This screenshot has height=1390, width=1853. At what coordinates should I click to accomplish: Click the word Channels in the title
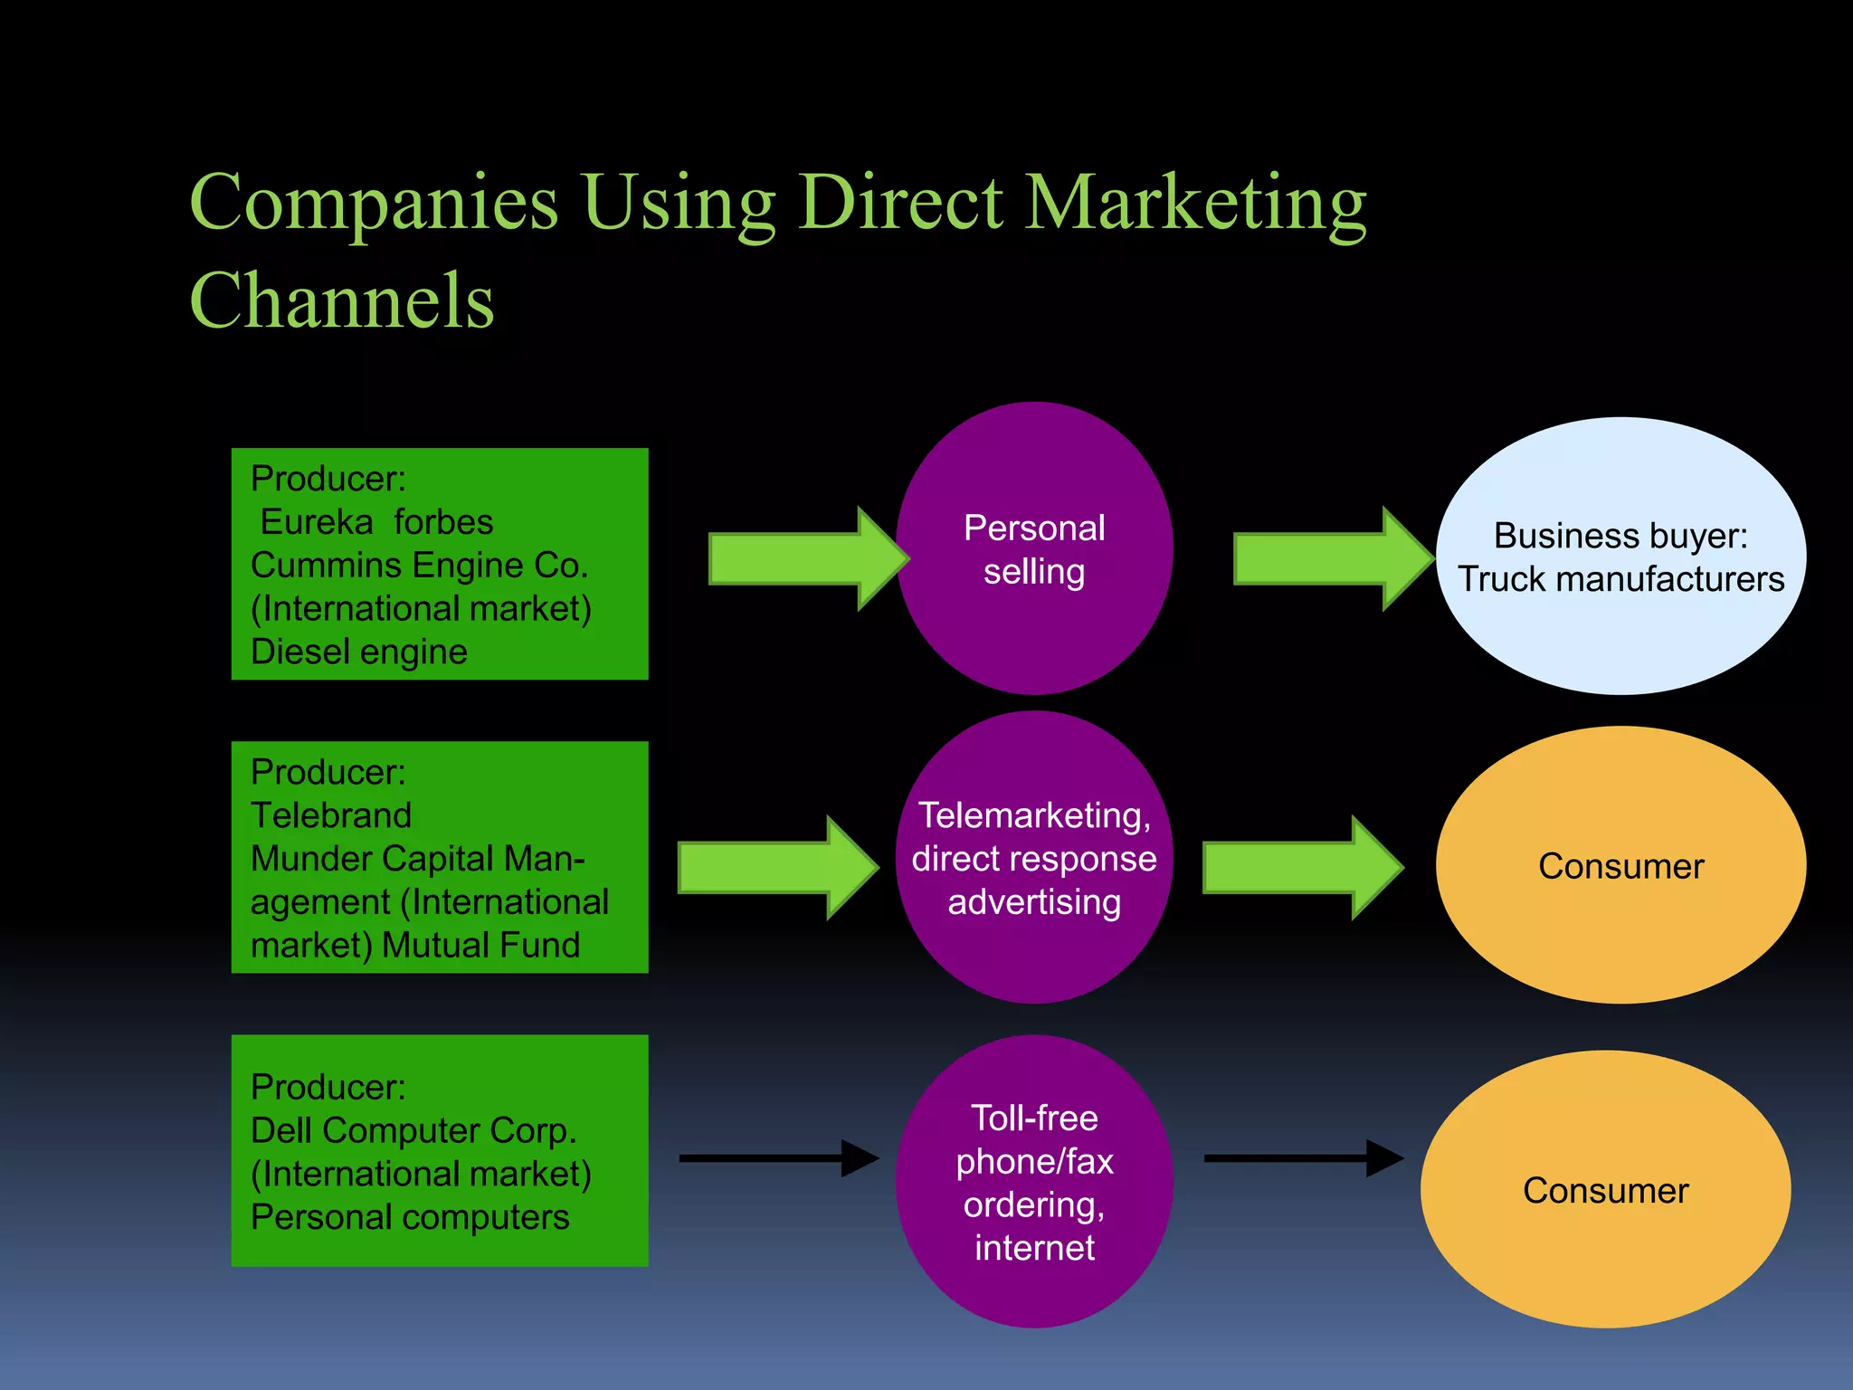[x=342, y=301]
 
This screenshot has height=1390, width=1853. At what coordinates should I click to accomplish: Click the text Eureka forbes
[x=376, y=522]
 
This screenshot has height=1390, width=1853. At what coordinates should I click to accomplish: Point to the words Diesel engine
[x=359, y=652]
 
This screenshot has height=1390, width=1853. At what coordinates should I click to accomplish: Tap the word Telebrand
[x=331, y=815]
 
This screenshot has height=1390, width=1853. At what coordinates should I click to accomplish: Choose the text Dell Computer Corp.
[x=413, y=1130]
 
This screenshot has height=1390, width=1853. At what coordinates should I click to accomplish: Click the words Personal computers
[x=410, y=1217]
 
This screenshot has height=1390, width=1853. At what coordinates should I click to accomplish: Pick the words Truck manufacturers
[x=1620, y=579]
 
